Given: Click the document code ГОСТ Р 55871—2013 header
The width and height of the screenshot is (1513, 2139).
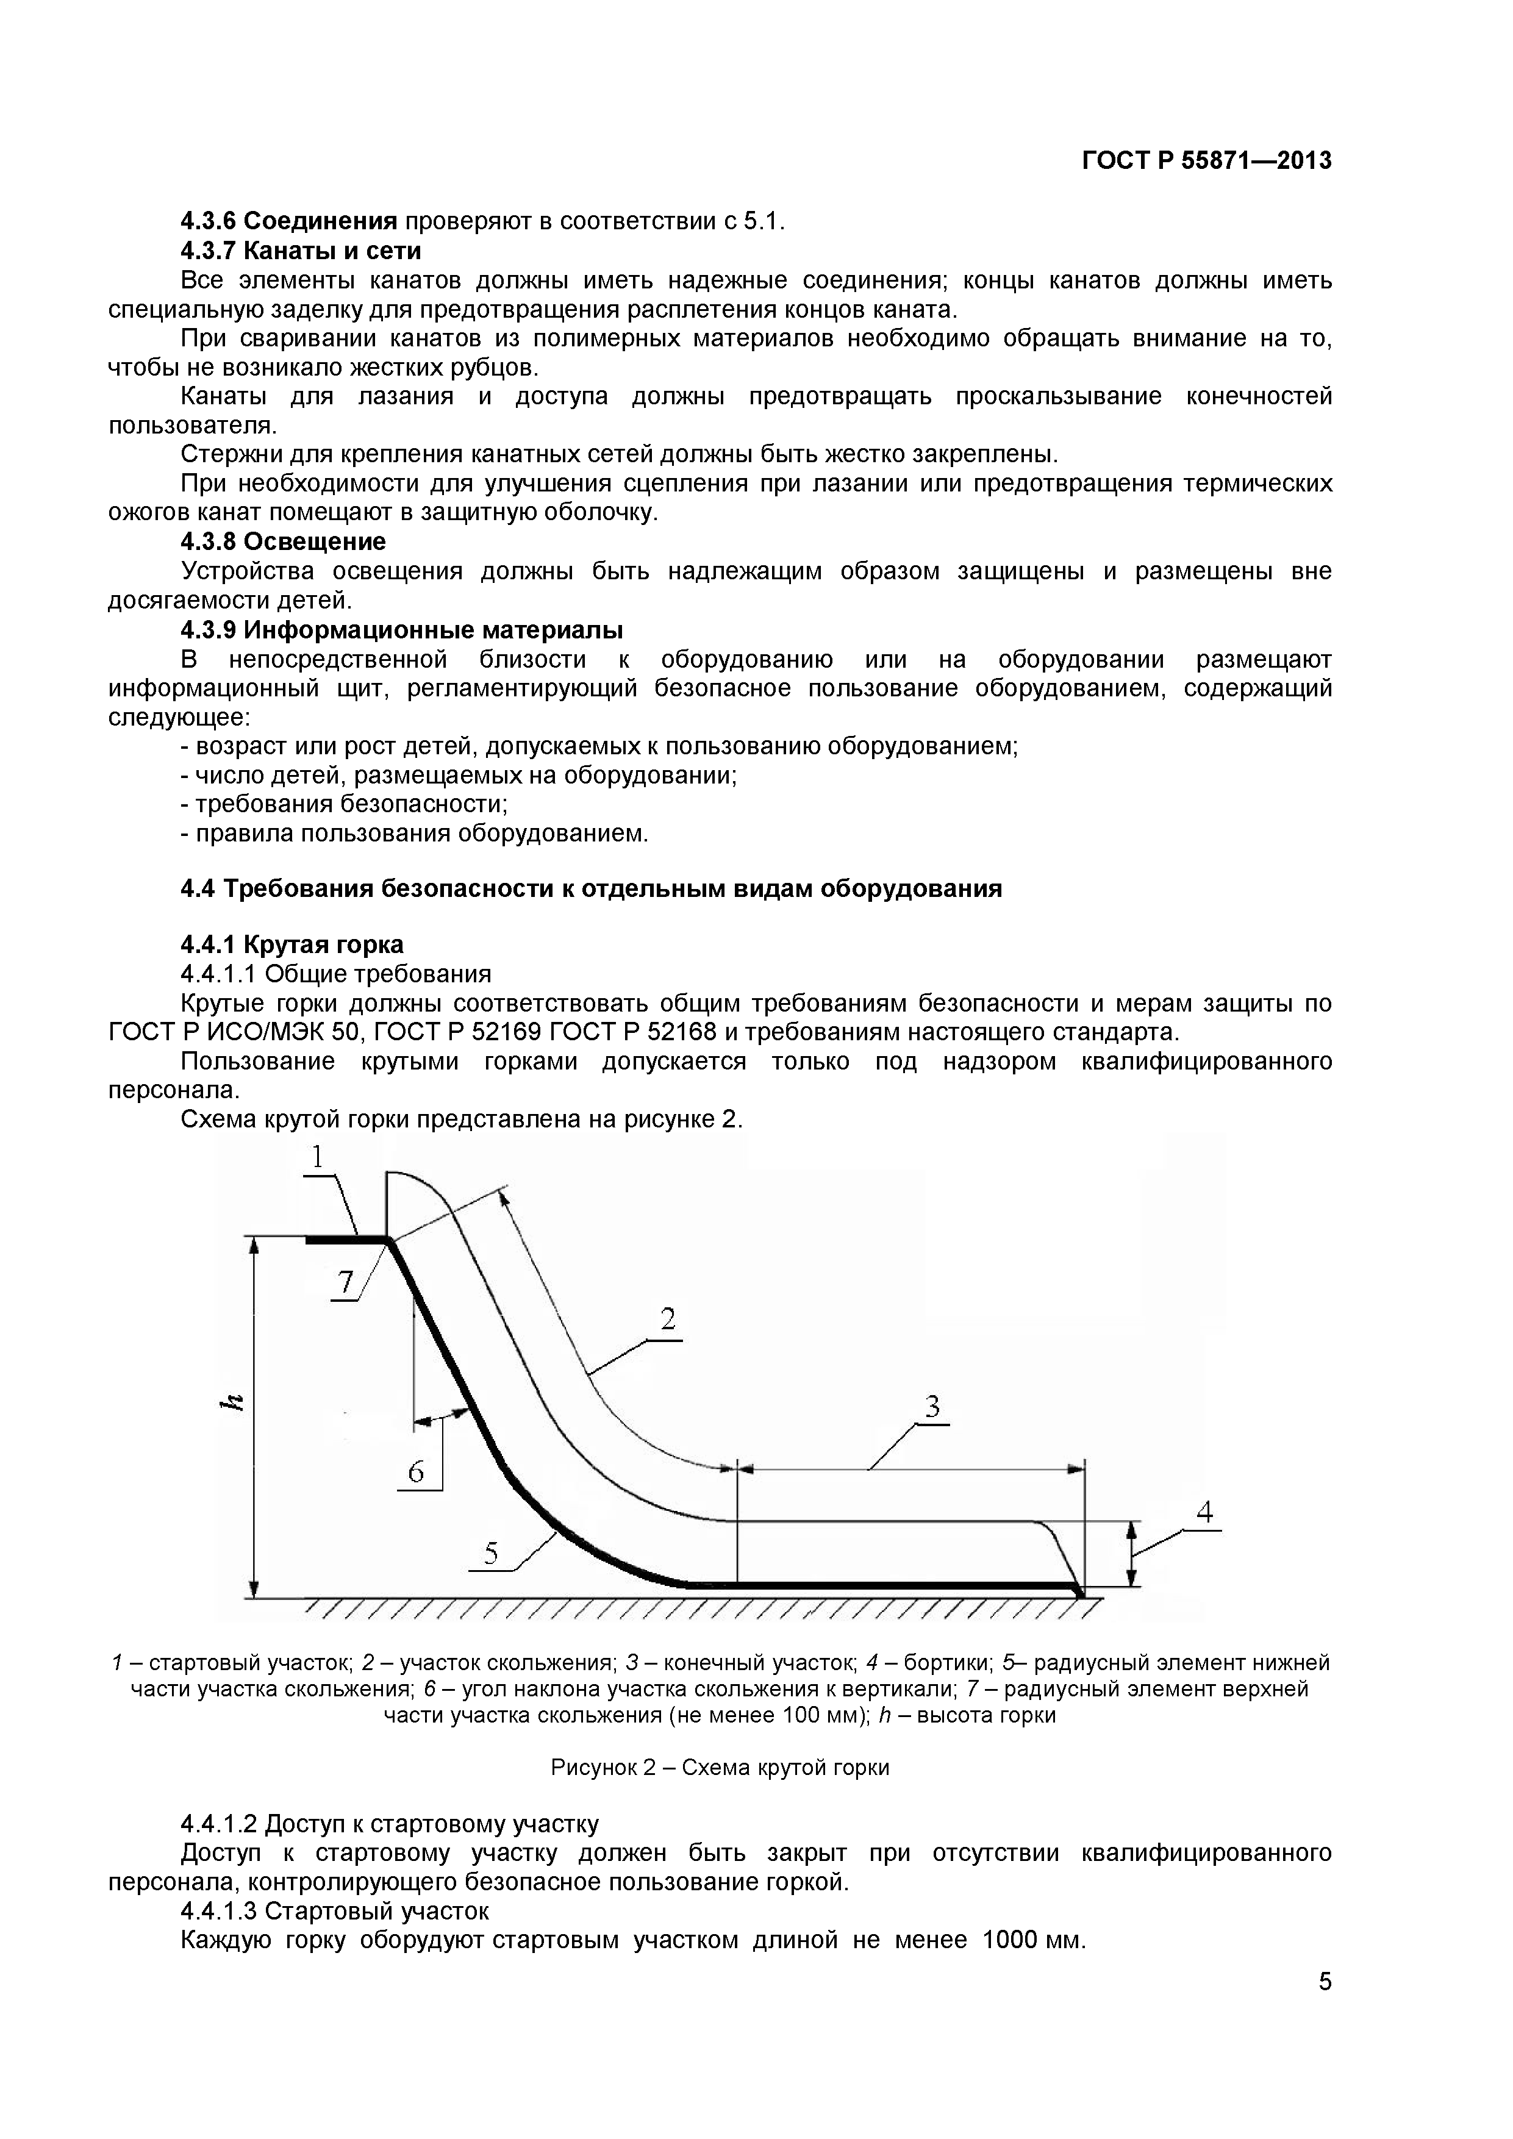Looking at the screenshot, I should (1206, 161).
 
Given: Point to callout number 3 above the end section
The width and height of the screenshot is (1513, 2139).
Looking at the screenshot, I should (932, 1406).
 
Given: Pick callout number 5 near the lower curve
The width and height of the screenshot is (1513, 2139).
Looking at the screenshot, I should (491, 1553).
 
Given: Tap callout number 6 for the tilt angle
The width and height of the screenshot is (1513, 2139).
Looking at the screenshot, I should (415, 1472).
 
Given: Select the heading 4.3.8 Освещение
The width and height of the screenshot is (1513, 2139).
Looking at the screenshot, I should (282, 541).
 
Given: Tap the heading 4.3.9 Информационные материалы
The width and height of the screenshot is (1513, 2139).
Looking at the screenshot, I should (401, 630).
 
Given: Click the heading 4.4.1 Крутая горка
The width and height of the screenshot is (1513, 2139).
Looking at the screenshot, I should (292, 945).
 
